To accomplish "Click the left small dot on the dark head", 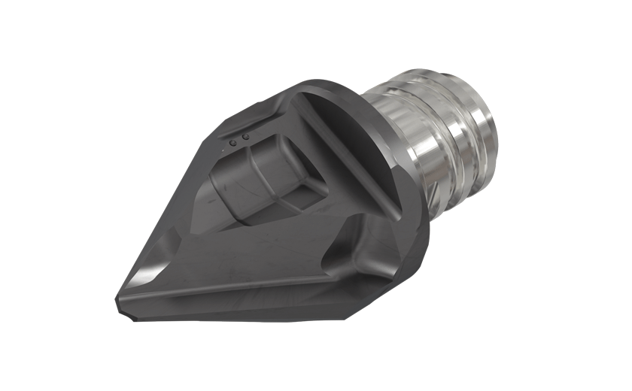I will pyautogui.click(x=233, y=141).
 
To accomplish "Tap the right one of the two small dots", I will pyautogui.click(x=245, y=137).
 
